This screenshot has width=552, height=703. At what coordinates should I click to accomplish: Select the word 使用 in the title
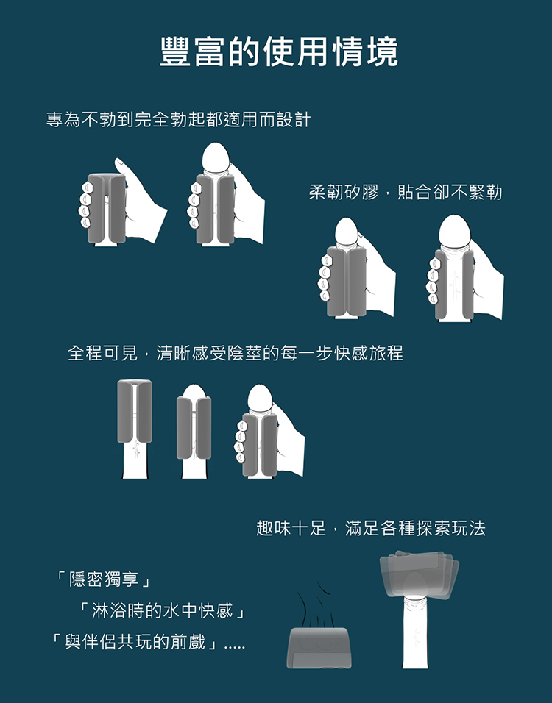[278, 51]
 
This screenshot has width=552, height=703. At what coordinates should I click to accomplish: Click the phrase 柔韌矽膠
[344, 193]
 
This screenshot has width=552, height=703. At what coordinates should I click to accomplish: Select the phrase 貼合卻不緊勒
[450, 193]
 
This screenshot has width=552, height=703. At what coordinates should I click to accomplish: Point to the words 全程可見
[103, 353]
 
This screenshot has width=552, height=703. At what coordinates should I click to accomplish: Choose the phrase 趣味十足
[291, 528]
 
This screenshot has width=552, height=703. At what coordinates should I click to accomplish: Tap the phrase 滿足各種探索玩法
[415, 528]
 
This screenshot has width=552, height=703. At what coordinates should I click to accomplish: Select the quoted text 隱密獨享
[103, 579]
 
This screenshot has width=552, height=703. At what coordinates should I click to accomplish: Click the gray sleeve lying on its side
[319, 647]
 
